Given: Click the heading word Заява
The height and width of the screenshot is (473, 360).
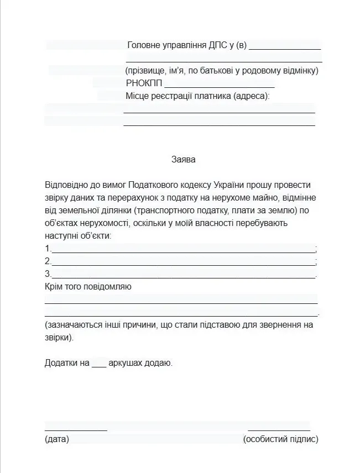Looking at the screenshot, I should tap(183, 160).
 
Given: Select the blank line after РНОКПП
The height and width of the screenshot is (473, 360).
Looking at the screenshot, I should tap(219, 85).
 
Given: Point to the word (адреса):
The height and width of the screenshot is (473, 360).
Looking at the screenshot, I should tap(251, 96).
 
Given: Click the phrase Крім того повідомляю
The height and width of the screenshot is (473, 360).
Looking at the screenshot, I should tap(88, 287).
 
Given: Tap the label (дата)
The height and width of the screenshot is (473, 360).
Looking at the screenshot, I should tap(56, 440).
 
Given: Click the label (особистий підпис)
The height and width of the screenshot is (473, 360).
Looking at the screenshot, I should tap(280, 440).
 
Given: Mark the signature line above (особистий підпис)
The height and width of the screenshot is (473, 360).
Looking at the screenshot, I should tap(279, 429).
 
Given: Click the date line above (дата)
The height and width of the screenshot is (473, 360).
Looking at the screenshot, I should tap(76, 429).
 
